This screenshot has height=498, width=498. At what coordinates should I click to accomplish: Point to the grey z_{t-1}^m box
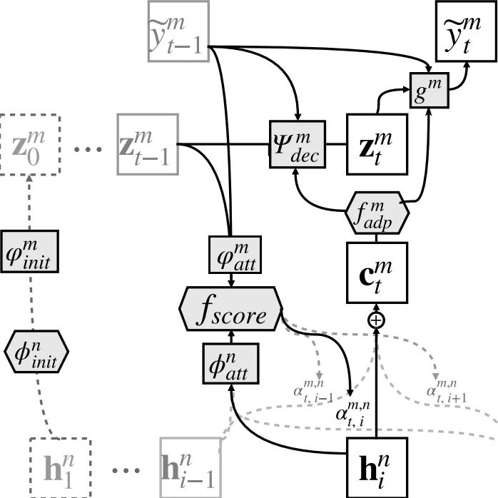(x=146, y=145)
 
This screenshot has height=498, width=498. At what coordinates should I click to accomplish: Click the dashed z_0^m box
(x=27, y=145)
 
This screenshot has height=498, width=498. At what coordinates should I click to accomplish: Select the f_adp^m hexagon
(x=377, y=212)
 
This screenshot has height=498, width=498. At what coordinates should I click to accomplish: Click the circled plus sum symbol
(x=376, y=320)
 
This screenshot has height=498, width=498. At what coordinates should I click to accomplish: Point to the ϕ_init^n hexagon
(x=35, y=352)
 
